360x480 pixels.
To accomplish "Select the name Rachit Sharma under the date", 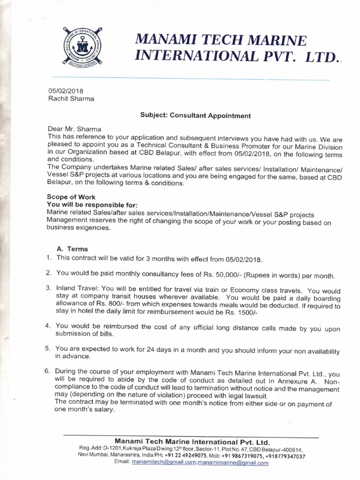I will [71, 98].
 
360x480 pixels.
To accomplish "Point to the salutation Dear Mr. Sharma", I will [75, 129].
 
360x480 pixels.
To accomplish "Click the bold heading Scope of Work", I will [71, 197].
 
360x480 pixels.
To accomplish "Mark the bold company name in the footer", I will [192, 442].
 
